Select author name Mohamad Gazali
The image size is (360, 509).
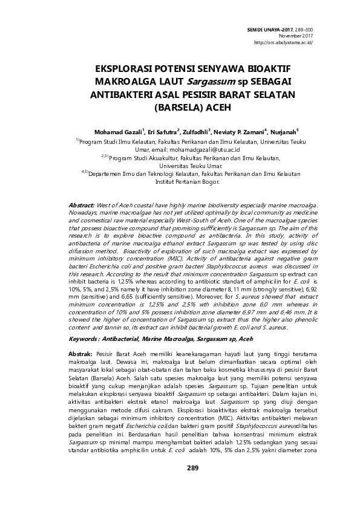[x=117, y=131]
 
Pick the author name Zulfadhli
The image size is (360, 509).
[x=194, y=131]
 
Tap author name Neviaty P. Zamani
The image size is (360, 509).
[x=240, y=131]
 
